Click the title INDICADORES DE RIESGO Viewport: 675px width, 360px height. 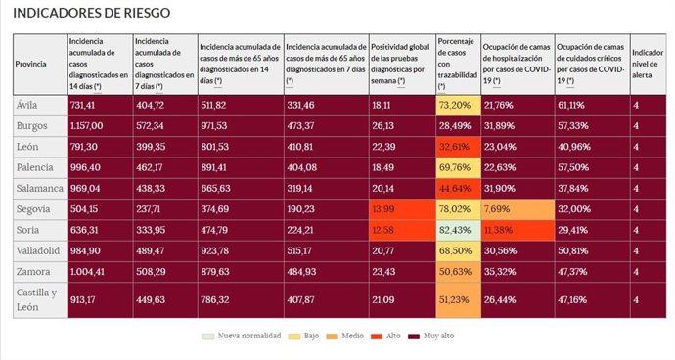pos(92,14)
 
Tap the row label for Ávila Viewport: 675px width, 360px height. pos(26,105)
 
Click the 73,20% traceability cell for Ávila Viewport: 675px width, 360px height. pos(458,105)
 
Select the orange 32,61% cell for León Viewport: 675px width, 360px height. pos(458,147)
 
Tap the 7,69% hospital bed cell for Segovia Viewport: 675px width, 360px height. pos(517,209)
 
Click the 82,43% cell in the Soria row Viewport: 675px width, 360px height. pos(458,231)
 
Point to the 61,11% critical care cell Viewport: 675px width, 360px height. pos(591,105)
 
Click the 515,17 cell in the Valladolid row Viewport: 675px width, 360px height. pos(325,251)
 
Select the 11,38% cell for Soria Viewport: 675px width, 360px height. pos(517,231)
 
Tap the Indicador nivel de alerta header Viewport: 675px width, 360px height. pos(649,64)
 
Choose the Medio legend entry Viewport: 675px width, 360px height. pos(347,336)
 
